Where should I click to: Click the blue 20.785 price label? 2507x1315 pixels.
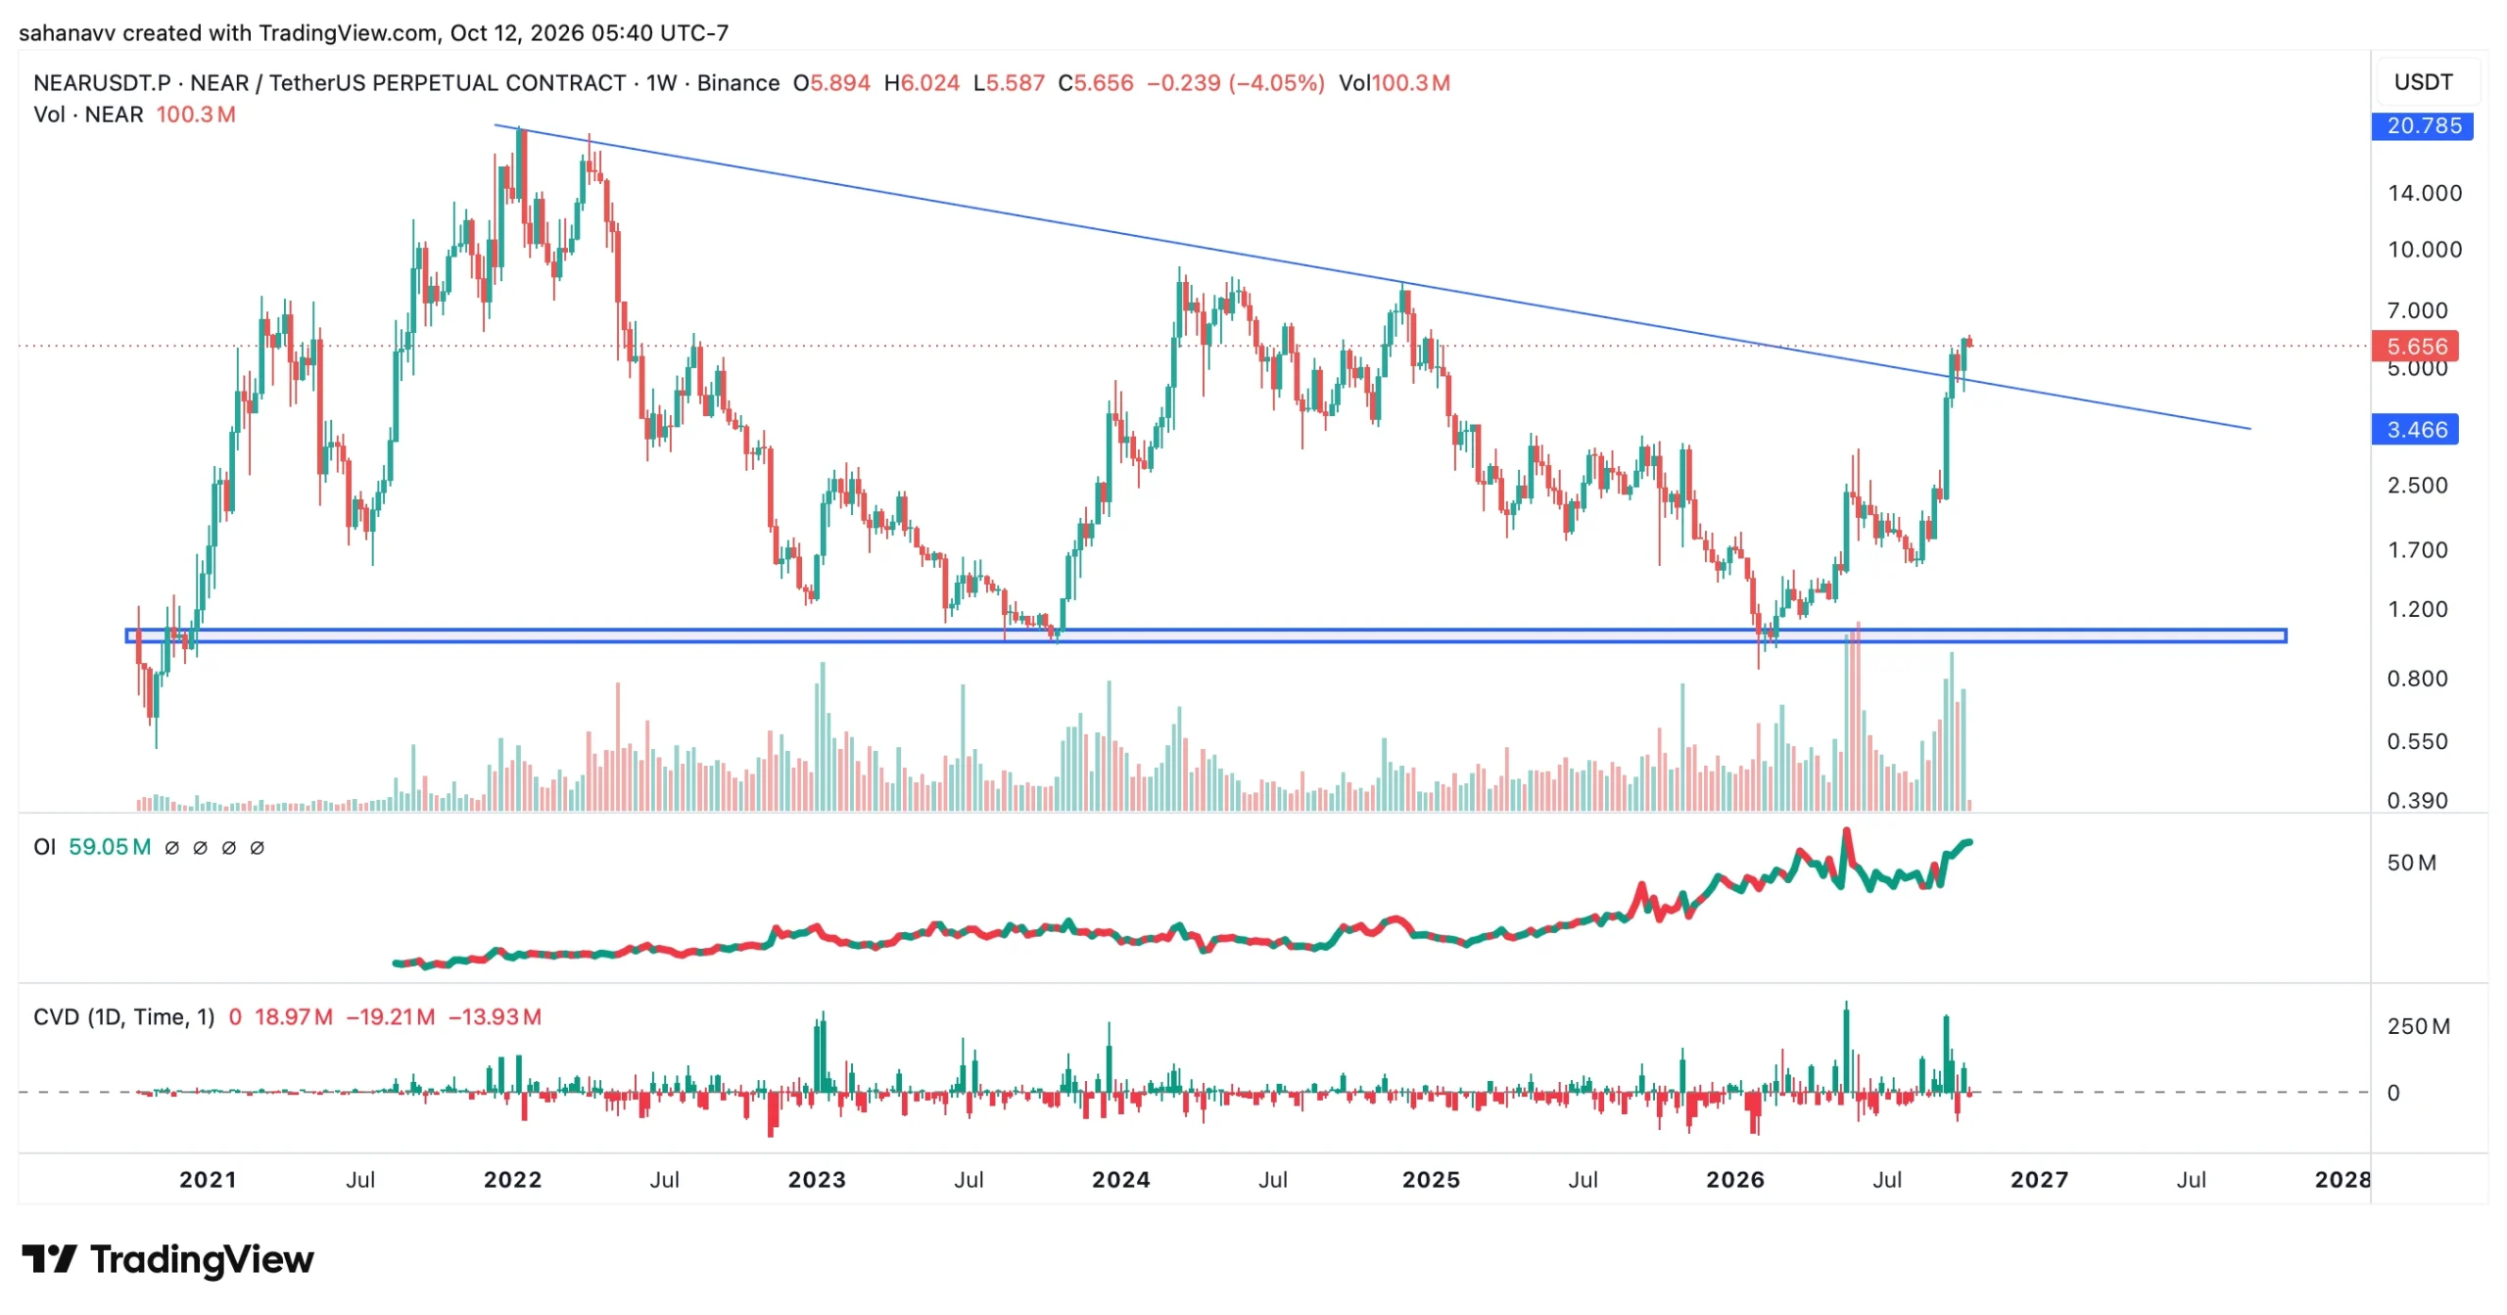click(x=2422, y=125)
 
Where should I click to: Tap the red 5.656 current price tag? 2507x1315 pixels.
click(x=2415, y=346)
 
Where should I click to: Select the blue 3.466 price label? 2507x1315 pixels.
click(x=2415, y=429)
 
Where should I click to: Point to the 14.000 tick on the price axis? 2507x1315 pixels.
click(x=2424, y=193)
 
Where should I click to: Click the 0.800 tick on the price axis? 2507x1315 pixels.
click(x=2416, y=679)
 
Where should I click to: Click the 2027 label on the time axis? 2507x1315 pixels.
click(x=2039, y=1179)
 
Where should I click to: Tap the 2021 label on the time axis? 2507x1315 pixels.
click(x=208, y=1179)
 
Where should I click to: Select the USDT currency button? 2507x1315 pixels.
click(x=2423, y=82)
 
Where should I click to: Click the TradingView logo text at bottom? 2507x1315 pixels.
click(x=202, y=1259)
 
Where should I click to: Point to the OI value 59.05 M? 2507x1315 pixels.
click(x=110, y=847)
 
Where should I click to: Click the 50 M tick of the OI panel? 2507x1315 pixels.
click(x=2411, y=863)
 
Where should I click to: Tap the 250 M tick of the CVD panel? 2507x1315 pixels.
click(x=2418, y=1026)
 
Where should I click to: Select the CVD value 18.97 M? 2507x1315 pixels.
click(x=293, y=1016)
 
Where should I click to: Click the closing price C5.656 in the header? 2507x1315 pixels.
click(x=1095, y=83)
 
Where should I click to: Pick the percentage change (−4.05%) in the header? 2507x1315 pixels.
click(x=1276, y=83)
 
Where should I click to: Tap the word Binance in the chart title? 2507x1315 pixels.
click(x=737, y=83)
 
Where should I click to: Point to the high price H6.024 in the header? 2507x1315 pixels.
click(x=922, y=83)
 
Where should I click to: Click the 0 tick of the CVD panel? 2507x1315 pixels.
click(x=2393, y=1093)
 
